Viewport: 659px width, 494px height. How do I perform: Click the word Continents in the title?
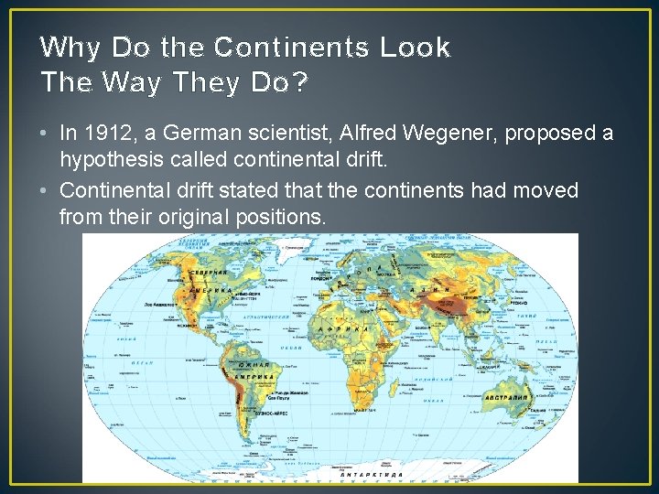point(291,48)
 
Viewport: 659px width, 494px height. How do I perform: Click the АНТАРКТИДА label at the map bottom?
point(366,474)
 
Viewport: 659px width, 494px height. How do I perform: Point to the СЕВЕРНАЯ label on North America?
point(208,273)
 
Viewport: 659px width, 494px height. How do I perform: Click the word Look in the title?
point(417,48)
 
